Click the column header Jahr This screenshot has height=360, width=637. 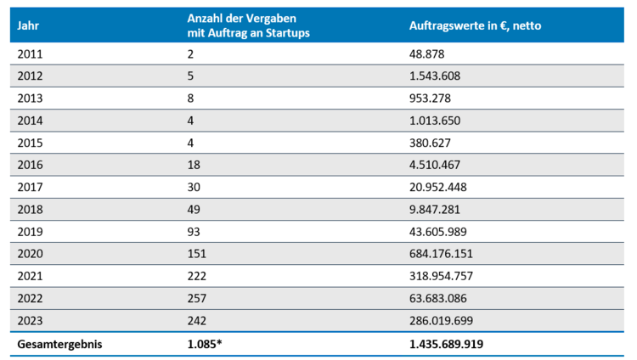coord(28,25)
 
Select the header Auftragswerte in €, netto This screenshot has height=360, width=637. coord(475,25)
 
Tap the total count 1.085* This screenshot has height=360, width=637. coord(206,345)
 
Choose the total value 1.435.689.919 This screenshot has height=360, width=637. coord(452,345)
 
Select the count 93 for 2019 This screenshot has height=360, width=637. coord(194,229)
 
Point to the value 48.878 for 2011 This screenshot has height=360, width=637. coord(428,53)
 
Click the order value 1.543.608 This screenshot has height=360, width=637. coord(436,76)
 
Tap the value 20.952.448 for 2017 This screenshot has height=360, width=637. coord(439,185)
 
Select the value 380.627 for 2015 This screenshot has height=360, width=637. coord(431,141)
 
